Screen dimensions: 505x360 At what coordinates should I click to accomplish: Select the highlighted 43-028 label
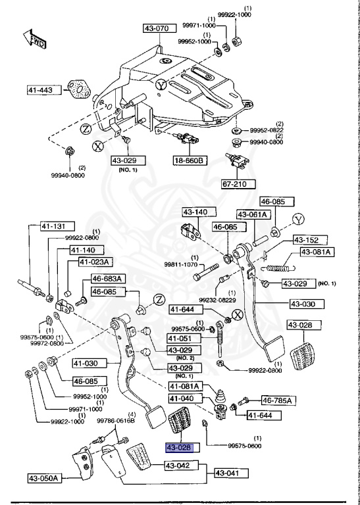tap(179, 447)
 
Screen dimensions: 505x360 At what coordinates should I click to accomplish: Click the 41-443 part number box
tap(41, 90)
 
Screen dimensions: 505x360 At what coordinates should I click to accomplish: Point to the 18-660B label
tap(189, 160)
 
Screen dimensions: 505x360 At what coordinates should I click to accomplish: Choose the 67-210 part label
tap(238, 184)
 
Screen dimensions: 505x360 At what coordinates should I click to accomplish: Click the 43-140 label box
tap(196, 212)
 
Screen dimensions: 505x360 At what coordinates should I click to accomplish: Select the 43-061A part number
tap(253, 214)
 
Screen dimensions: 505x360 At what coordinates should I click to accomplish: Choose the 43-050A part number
tap(44, 478)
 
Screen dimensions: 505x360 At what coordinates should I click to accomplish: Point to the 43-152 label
tap(306, 239)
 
